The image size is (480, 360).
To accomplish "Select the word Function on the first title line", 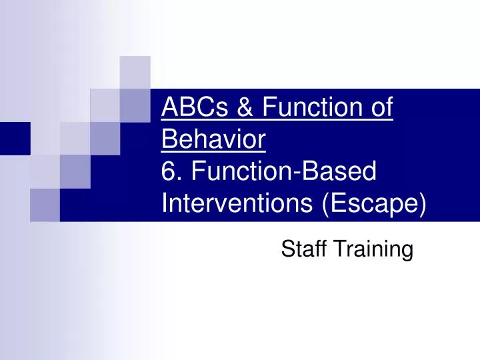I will click(x=320, y=107).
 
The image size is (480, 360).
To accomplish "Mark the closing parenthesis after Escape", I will click(x=422, y=203).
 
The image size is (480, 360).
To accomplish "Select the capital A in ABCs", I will click(x=169, y=107).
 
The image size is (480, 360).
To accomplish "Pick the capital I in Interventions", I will click(x=165, y=203).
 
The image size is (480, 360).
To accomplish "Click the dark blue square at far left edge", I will click(x=15, y=138).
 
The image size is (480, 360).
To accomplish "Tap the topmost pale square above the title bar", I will click(x=135, y=72).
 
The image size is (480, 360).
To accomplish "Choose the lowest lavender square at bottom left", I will click(x=45, y=204).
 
